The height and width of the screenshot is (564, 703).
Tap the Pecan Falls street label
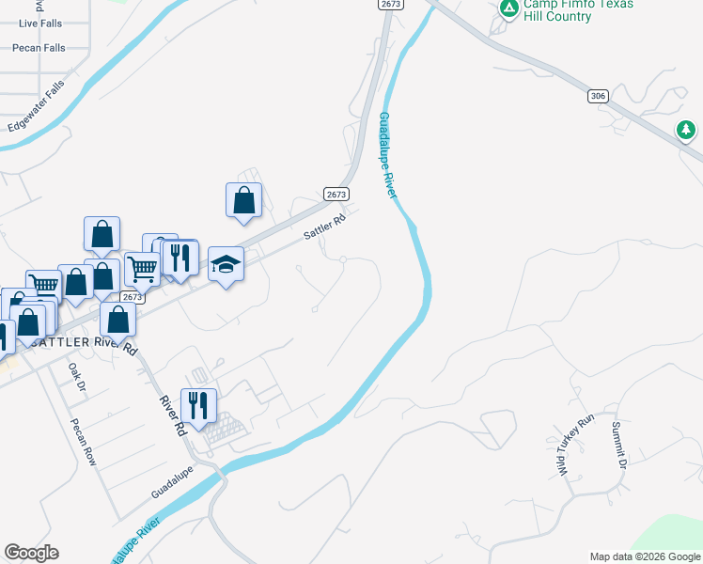click(39, 47)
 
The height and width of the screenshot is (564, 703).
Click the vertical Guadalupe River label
click(387, 155)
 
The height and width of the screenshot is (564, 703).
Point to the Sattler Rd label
click(325, 227)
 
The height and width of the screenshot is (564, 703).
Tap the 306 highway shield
click(599, 96)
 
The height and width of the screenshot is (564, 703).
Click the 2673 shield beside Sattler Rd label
click(336, 194)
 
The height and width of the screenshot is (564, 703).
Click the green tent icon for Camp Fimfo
click(508, 8)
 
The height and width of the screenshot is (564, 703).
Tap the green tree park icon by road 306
click(687, 129)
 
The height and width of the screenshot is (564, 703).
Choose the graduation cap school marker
click(226, 264)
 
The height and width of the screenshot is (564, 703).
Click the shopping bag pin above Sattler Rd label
click(243, 200)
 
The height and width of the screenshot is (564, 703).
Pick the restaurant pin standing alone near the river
click(198, 406)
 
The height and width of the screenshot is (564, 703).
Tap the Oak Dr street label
click(77, 378)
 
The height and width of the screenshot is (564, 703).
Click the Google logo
click(32, 553)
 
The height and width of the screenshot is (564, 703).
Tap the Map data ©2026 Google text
click(645, 556)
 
